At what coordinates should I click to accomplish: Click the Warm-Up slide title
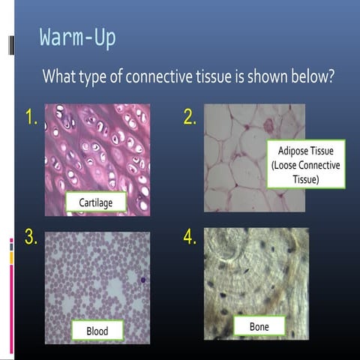78,37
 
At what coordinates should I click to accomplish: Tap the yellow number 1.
31,118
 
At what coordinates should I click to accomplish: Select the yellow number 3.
31,238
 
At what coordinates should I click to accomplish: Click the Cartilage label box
95,202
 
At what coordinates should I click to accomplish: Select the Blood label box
97,330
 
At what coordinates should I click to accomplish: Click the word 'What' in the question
59,76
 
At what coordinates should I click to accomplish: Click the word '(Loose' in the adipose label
283,165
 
